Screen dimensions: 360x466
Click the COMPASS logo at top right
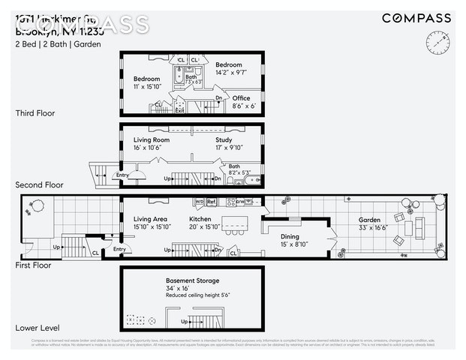[416, 18]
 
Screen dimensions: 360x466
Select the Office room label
[241, 98]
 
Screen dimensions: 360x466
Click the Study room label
[224, 139]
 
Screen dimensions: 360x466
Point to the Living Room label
[152, 139]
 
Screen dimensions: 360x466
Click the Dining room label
[289, 236]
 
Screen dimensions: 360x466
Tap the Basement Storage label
[193, 281]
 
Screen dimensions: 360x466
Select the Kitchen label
[200, 219]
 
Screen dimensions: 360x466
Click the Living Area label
[150, 219]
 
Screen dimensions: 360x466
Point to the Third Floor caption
[35, 113]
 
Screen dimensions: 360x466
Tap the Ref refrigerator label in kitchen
[212, 202]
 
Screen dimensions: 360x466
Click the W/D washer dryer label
[199, 202]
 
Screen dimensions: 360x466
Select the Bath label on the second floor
[234, 166]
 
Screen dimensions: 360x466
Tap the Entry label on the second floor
[122, 175]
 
